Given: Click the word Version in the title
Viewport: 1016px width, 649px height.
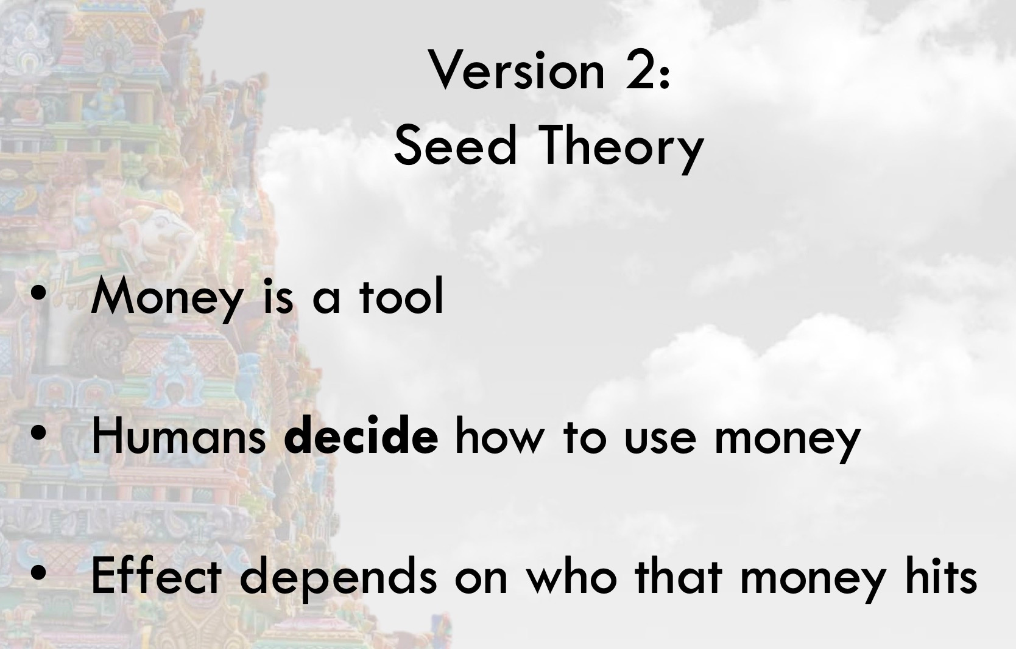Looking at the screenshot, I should click(x=517, y=70).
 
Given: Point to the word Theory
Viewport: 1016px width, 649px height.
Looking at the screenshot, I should click(x=620, y=149).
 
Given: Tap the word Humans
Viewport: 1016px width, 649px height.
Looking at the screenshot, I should click(x=178, y=437).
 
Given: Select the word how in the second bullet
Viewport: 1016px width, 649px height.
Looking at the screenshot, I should click(x=497, y=437).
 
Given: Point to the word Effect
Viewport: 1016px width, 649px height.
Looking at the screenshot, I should click(x=156, y=575).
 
